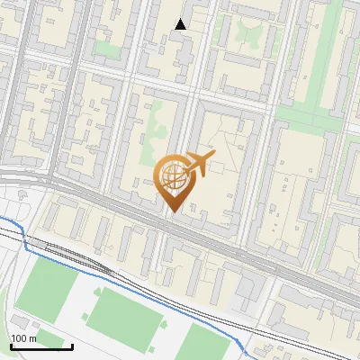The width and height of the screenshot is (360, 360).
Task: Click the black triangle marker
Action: tap(181, 24)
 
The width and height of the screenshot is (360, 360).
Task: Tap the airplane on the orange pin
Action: tap(197, 164)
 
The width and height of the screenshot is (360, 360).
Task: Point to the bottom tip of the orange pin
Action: tap(172, 211)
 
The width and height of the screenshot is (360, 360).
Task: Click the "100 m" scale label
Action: tap(22, 338)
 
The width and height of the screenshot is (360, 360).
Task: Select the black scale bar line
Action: tap(41, 346)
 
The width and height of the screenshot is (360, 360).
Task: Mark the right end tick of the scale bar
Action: tap(73, 345)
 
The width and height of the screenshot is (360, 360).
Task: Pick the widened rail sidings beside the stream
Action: tap(76, 256)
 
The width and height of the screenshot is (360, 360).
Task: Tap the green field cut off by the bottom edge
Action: tap(206, 344)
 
